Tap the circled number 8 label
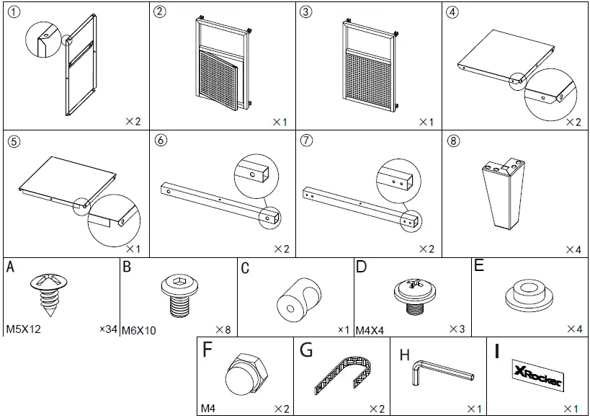point(453,141)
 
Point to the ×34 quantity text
point(108,329)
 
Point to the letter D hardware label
point(361,267)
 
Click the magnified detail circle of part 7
point(398,177)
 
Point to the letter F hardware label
point(207,350)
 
